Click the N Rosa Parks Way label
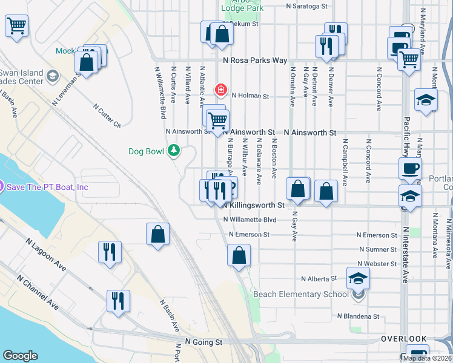coord(254,60)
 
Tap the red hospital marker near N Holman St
coord(220,91)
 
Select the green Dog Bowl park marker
coord(174,150)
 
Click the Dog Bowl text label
coord(145,151)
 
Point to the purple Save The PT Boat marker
coord(2,187)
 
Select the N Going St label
coord(204,342)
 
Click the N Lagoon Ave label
coord(45,254)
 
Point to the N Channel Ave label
coord(38,292)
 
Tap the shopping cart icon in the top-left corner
coord(17,26)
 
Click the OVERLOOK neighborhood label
coord(403,339)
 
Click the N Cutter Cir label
coord(108,116)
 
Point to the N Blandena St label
coord(358,316)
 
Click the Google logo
coord(20,355)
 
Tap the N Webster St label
coord(377,264)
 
